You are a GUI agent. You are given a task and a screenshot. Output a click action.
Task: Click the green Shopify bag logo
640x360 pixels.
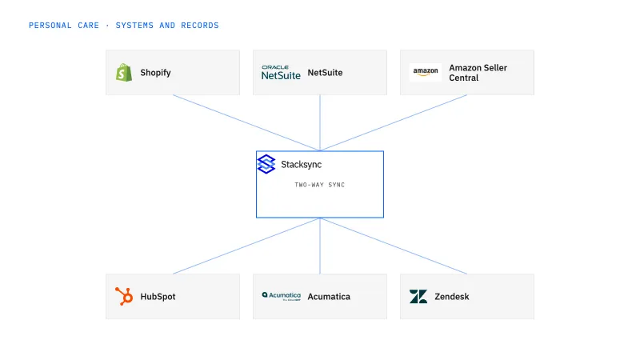(124, 73)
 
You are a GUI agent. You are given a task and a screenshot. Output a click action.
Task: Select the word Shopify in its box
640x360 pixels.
(155, 73)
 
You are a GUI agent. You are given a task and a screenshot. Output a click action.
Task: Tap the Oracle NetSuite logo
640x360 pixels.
(281, 72)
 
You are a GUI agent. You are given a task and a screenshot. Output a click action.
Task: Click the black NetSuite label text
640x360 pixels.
(325, 73)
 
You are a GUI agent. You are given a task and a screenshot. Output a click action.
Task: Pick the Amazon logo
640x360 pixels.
(426, 72)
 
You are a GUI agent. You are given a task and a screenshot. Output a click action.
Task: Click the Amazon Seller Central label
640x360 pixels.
(478, 73)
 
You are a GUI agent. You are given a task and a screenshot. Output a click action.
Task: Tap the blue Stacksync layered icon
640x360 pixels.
(266, 164)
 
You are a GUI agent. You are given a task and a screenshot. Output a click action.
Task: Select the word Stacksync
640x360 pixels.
(302, 165)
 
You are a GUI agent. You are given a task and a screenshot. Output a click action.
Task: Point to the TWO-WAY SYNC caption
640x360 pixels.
(319, 185)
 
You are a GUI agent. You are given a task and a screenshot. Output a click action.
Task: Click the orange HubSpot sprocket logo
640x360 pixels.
(124, 296)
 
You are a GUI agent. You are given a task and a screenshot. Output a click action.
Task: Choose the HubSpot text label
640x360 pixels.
(158, 297)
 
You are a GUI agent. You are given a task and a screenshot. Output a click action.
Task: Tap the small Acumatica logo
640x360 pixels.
(282, 296)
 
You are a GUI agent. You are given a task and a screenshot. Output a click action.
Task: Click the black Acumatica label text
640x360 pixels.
(329, 297)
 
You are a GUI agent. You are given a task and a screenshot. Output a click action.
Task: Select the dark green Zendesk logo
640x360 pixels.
(418, 297)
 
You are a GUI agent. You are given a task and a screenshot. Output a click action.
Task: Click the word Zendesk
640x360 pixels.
(452, 297)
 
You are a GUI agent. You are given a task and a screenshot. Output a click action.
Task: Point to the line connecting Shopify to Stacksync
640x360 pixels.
(246, 123)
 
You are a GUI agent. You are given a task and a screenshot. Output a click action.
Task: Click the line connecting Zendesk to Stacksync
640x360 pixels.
(394, 246)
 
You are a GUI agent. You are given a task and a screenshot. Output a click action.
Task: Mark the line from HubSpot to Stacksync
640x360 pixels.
(246, 246)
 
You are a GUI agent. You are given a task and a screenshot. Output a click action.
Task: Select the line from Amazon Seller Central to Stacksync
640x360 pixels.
(394, 123)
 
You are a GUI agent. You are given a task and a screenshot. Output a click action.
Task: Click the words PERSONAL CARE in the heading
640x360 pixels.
(64, 26)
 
